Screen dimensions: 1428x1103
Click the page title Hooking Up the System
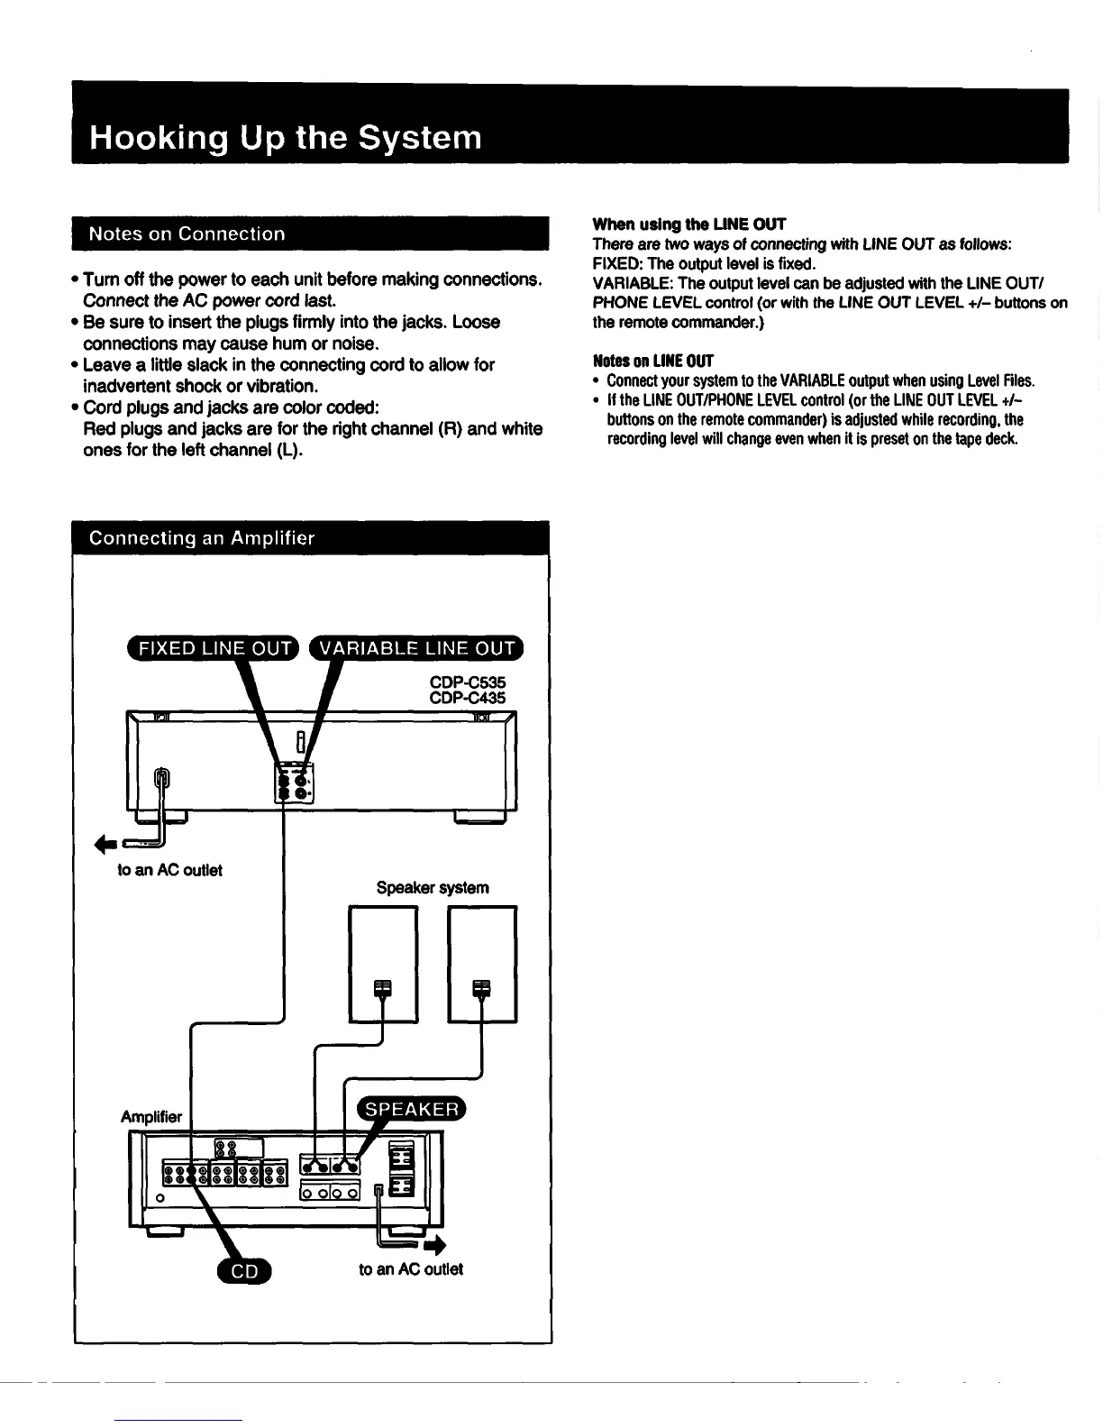[x=285, y=138]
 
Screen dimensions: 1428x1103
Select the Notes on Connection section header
[x=187, y=233]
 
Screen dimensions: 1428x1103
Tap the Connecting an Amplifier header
[x=202, y=538]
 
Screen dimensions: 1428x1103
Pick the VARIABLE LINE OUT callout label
[x=417, y=647]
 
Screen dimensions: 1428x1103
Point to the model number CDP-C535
[x=468, y=682]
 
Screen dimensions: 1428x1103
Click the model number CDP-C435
[x=468, y=698]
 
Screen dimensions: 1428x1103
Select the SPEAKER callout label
[x=411, y=1109]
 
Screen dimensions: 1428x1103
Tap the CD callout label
[x=244, y=1271]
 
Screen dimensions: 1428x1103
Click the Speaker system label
[x=433, y=887]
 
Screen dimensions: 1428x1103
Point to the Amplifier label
[x=151, y=1116]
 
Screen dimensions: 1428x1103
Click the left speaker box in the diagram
[x=383, y=963]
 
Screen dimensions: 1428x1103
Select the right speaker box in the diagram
[x=482, y=963]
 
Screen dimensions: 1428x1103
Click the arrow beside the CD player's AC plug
[x=105, y=844]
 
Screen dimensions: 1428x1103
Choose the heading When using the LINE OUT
[x=689, y=224]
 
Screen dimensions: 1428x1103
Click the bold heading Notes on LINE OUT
[x=652, y=361]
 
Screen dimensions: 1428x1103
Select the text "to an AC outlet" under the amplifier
[x=411, y=1269]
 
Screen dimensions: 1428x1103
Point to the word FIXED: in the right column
[x=617, y=263]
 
